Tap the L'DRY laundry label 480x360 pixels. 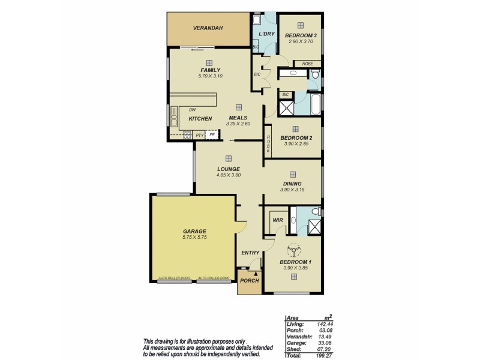[266, 34]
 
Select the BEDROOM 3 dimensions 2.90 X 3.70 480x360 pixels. [301, 41]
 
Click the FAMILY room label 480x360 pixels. [210, 70]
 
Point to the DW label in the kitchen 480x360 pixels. [193, 110]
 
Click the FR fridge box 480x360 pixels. [212, 135]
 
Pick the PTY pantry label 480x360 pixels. [200, 136]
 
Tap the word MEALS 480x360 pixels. [238, 118]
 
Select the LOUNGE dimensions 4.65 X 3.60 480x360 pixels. [229, 175]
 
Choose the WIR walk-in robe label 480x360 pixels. [277, 220]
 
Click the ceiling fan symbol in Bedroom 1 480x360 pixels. [293, 249]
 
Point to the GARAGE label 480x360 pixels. [194, 231]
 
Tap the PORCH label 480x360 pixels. [249, 281]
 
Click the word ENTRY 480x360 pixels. [250, 253]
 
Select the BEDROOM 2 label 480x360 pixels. [296, 137]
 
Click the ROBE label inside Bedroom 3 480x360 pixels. [307, 64]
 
